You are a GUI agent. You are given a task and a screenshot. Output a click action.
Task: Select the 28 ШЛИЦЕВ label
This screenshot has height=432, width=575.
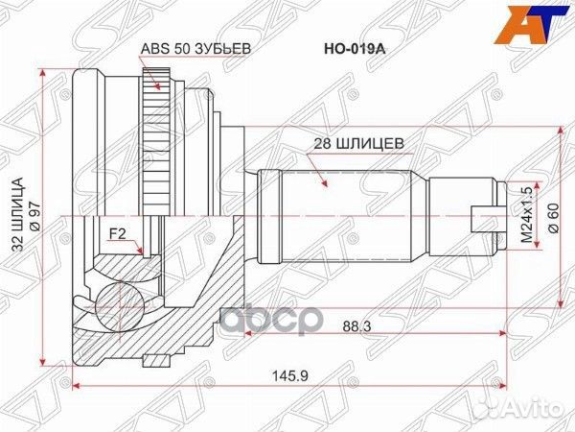[358, 144]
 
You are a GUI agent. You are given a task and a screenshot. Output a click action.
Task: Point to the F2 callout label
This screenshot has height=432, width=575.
[117, 232]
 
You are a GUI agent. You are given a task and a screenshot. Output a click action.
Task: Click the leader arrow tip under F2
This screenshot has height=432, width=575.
[141, 254]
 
